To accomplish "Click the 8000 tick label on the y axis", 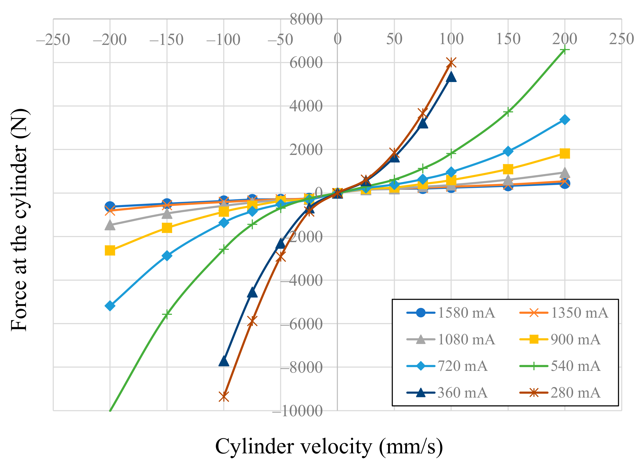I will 306,19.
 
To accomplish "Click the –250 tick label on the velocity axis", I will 53,40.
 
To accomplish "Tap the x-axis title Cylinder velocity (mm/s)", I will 329,446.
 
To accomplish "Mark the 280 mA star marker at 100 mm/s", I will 451,63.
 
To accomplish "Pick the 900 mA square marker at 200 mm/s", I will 565,154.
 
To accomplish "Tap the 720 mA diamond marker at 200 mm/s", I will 565,120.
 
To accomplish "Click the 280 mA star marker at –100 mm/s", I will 224,397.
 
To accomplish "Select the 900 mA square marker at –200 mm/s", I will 110,251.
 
